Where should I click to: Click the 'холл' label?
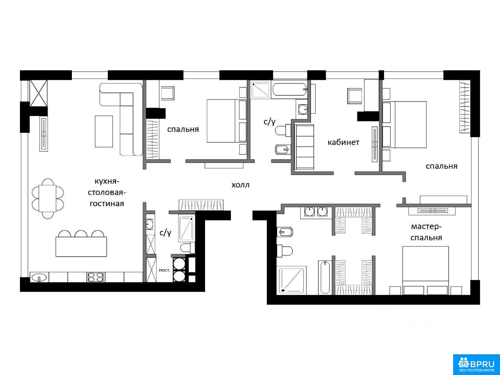pyautogui.click(x=240, y=185)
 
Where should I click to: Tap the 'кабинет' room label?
pyautogui.click(x=343, y=142)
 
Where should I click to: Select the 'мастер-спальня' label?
pyautogui.click(x=426, y=232)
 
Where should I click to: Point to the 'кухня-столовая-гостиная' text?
pyautogui.click(x=107, y=193)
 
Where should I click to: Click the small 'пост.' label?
pyautogui.click(x=164, y=270)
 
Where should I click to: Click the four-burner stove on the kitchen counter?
pyautogui.click(x=96, y=277)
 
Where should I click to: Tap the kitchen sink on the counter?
pyautogui.click(x=39, y=278)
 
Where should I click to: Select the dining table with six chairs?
pyautogui.click(x=48, y=198)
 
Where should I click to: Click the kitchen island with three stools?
pyautogui.click(x=81, y=244)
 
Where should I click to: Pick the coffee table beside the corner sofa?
pyautogui.click(x=104, y=131)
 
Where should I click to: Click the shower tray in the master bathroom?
pyautogui.click(x=291, y=280)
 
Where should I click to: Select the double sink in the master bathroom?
pyautogui.click(x=316, y=212)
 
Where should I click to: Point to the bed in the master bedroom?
pyautogui.click(x=425, y=270)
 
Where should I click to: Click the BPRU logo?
pyautogui.click(x=476, y=364)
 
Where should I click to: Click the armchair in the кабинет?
pyautogui.click(x=355, y=96)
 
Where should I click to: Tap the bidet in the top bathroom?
pyautogui.click(x=282, y=150)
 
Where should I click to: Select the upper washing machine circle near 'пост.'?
pyautogui.click(x=179, y=264)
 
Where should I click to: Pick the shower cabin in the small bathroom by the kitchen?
pyautogui.click(x=187, y=229)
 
